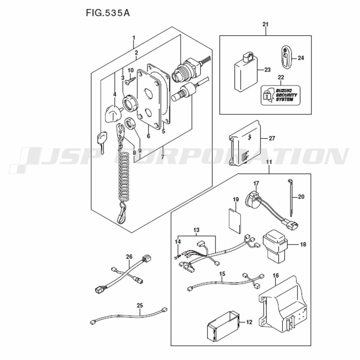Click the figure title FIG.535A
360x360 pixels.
pyautogui.click(x=108, y=13)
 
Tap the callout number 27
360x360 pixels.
pyautogui.click(x=272, y=138)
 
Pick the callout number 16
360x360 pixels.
pyautogui.click(x=275, y=276)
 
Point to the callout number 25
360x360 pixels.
pyautogui.click(x=140, y=305)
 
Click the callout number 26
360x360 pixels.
pyautogui.click(x=129, y=257)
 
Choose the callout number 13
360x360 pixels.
pyautogui.click(x=196, y=230)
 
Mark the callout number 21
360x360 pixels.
pyautogui.click(x=266, y=24)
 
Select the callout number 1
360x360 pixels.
pyautogui.click(x=134, y=37)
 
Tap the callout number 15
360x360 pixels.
pyautogui.click(x=222, y=274)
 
